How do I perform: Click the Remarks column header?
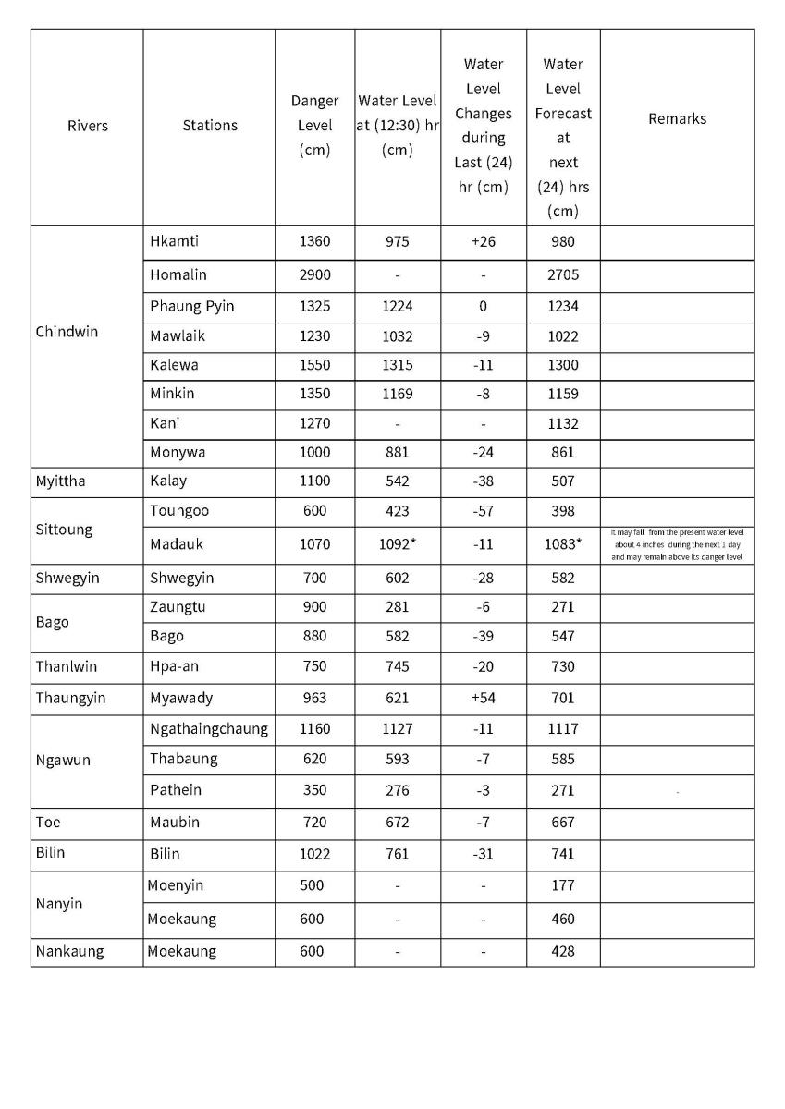point(677,118)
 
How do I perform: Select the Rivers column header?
point(87,126)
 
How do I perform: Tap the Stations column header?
point(210,126)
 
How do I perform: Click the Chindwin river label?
point(66,332)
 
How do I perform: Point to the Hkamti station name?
point(174,241)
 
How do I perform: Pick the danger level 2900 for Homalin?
point(314,274)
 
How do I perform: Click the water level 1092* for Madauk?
point(398,544)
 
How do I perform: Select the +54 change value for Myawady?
point(483,698)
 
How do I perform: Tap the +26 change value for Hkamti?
point(483,241)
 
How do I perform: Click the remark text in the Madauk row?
point(677,544)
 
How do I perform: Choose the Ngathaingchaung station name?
point(209,728)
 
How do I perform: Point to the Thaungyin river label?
point(70,698)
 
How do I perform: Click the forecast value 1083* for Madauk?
point(563,544)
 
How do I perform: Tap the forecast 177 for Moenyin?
point(563,885)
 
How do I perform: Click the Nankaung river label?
point(69,951)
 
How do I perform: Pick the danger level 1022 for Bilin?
point(314,854)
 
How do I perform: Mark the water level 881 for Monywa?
point(397,452)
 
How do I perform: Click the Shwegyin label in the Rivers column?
point(67,578)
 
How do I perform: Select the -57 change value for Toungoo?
point(483,510)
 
